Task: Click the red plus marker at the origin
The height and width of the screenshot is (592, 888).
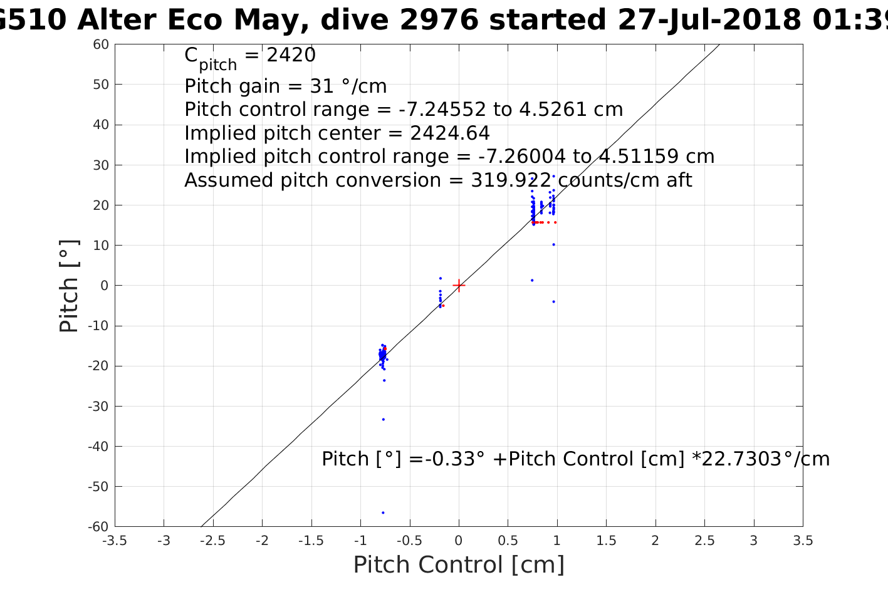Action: [x=459, y=286]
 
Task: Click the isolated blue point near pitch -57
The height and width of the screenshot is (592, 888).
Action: [x=383, y=512]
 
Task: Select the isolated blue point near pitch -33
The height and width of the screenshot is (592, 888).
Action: [x=383, y=419]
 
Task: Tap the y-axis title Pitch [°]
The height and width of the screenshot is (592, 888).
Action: [x=69, y=286]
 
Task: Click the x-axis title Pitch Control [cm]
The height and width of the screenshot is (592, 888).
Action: [x=459, y=565]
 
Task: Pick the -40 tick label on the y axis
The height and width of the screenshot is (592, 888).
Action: [x=98, y=447]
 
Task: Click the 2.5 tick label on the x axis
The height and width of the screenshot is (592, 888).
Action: [x=704, y=541]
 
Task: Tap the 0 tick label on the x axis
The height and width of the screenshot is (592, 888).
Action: [x=459, y=541]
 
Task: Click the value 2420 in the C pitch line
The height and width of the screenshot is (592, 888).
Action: [x=291, y=56]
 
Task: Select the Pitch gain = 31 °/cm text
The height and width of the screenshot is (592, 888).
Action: [x=285, y=86]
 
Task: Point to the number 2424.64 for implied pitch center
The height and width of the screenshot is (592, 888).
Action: [x=449, y=133]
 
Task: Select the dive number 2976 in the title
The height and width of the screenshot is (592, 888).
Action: [x=439, y=20]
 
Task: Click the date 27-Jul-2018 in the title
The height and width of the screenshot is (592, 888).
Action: [x=708, y=20]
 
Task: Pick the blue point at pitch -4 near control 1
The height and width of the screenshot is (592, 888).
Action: [x=553, y=301]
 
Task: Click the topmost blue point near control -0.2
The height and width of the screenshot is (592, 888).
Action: [x=440, y=278]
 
